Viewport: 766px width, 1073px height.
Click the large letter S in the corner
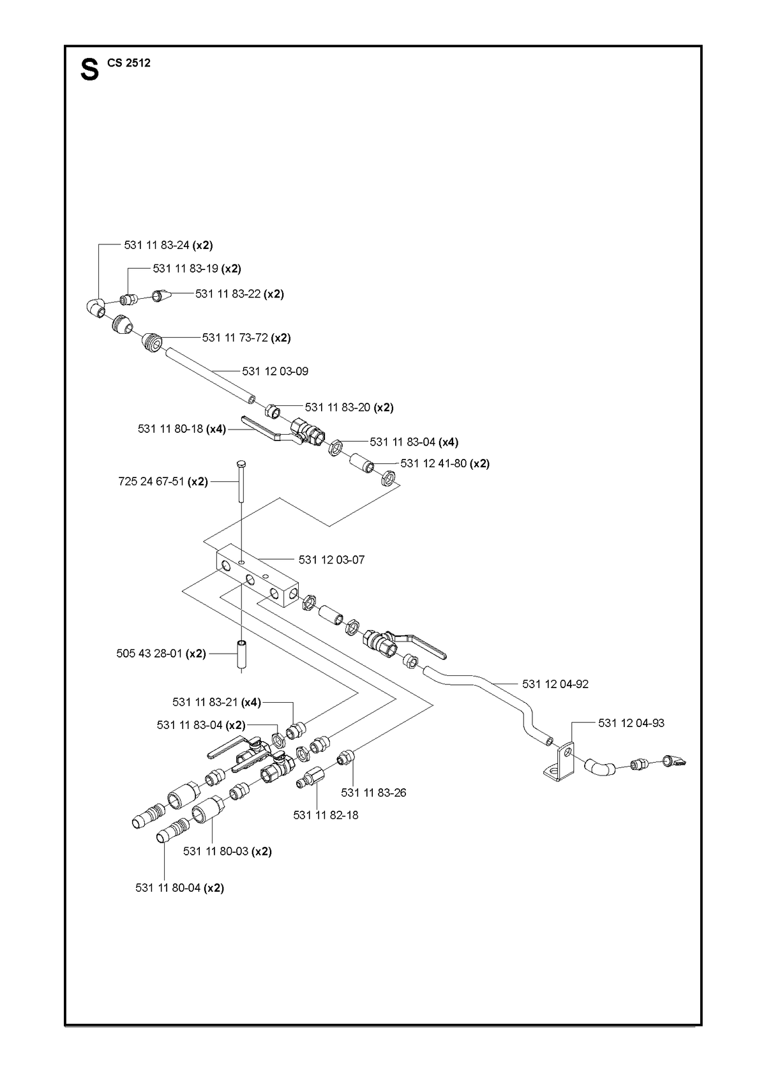point(89,70)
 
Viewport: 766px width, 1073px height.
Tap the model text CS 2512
point(129,63)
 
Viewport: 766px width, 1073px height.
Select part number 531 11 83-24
point(156,245)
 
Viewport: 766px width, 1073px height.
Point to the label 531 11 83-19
point(185,269)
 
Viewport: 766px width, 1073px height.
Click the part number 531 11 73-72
point(235,338)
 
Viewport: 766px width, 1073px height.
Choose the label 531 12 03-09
point(275,371)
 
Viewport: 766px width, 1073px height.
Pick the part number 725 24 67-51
point(151,481)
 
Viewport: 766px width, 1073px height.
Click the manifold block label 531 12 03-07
point(331,560)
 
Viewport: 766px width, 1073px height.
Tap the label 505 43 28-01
point(149,654)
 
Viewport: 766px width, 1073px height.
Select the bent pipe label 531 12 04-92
point(555,684)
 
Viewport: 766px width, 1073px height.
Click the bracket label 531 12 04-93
point(631,723)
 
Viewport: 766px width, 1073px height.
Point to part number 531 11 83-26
point(373,793)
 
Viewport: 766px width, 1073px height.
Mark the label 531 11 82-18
point(326,815)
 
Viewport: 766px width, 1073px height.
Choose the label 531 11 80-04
point(168,888)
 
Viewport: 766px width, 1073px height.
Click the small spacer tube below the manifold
point(241,654)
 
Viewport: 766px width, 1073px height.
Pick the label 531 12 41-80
point(433,463)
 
